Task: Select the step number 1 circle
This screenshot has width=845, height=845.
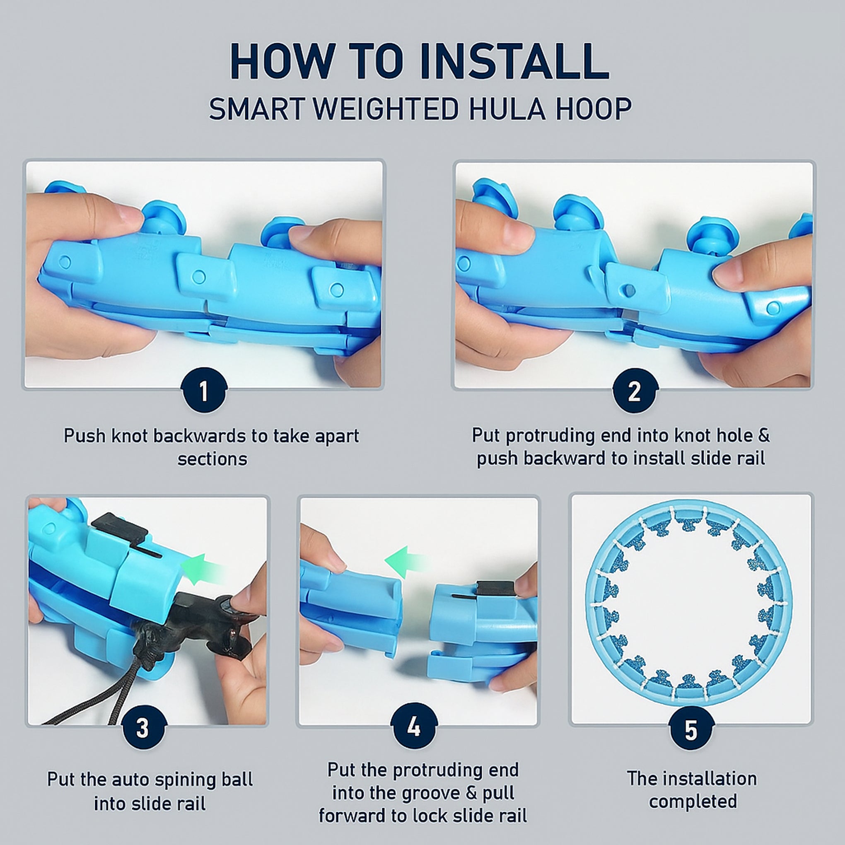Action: (204, 391)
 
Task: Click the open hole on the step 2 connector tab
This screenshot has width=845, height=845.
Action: (630, 290)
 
